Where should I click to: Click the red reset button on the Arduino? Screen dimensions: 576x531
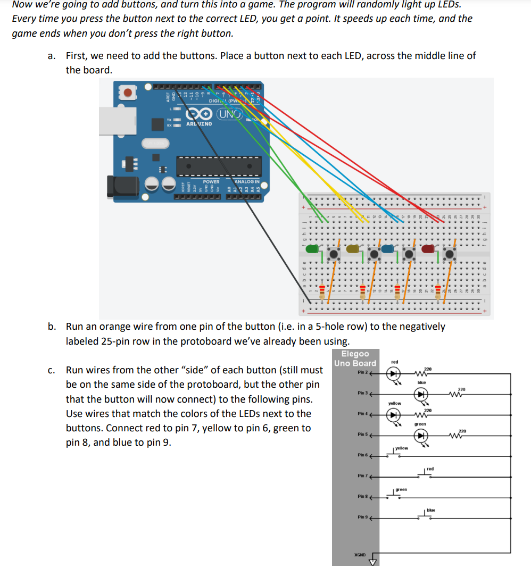pos(128,93)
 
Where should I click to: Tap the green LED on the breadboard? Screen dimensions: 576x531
pos(314,248)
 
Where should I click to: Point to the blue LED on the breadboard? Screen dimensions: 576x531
pos(387,248)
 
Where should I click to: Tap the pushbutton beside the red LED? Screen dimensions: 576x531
pos(450,254)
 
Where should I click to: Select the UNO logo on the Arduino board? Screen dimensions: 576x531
pos(229,114)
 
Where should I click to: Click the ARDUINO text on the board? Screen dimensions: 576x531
pos(199,124)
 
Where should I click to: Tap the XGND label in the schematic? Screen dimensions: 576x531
pos(360,555)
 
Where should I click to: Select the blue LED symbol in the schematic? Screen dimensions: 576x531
pos(421,395)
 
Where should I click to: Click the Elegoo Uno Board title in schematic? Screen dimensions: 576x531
pos(355,358)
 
